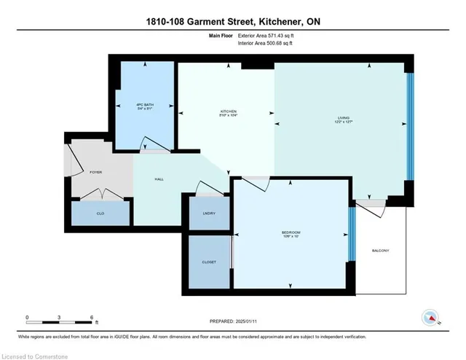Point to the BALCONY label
point(380,251)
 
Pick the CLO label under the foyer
point(100,214)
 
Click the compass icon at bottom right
point(432,318)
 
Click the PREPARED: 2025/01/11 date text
point(233,321)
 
